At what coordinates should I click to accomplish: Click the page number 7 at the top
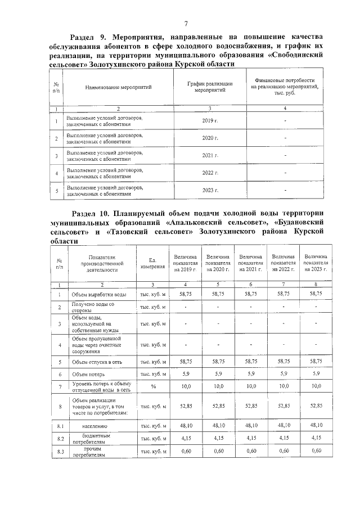click(185, 24)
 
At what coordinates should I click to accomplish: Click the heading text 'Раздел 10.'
click(93, 214)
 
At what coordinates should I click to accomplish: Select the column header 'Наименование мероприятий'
click(118, 88)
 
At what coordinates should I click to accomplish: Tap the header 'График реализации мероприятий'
click(210, 87)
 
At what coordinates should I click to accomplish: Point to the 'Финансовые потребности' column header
click(285, 87)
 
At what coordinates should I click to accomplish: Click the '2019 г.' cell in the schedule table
click(210, 121)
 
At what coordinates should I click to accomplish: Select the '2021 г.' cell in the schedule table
click(210, 155)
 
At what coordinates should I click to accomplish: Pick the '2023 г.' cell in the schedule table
click(210, 191)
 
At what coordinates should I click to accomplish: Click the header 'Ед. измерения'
click(152, 263)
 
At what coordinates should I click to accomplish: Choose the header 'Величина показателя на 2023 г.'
click(316, 263)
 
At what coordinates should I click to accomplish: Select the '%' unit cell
click(152, 386)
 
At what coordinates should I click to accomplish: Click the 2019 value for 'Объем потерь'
click(185, 373)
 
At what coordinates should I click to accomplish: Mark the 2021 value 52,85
click(250, 405)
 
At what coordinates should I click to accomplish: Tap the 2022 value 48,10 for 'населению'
click(283, 426)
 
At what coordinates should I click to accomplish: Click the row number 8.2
click(60, 438)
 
